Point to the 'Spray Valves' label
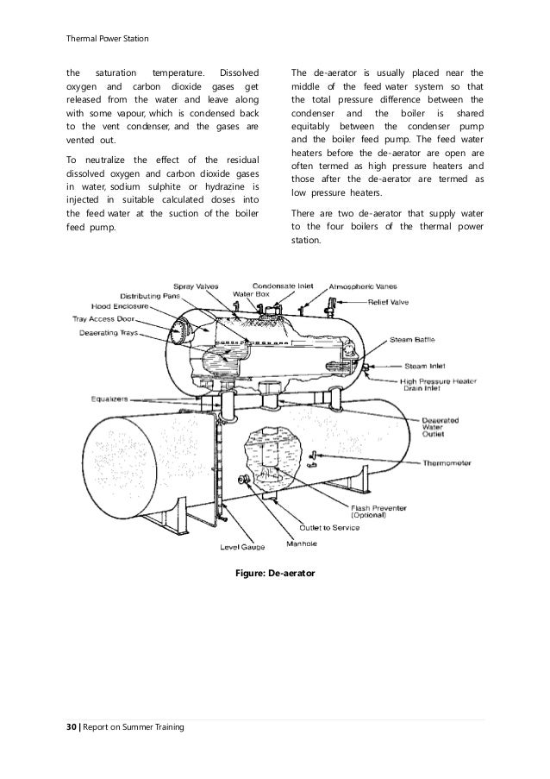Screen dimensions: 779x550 click(196, 286)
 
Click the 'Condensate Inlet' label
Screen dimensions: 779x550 click(283, 286)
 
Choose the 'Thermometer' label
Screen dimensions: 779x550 click(447, 462)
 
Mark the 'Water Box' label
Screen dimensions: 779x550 click(249, 295)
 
